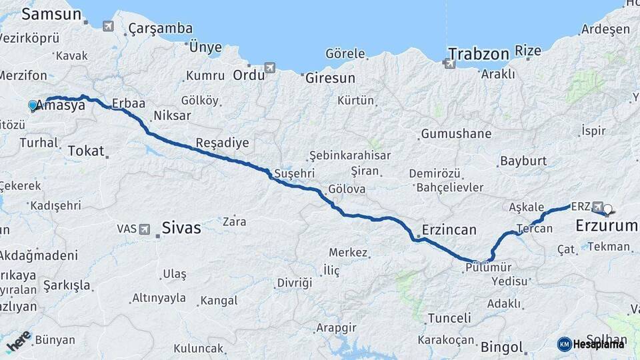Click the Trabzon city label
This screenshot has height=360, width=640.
tap(479, 53)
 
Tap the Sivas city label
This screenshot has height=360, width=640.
tap(181, 228)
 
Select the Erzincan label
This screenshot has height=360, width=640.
tap(447, 230)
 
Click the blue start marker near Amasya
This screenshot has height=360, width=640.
tap(32, 105)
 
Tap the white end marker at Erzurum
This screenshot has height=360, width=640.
tap(607, 209)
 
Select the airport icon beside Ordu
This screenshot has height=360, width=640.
tap(269, 67)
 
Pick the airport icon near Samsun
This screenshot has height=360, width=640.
tap(108, 26)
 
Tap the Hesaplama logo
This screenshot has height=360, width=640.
tap(591, 344)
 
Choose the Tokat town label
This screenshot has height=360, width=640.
tap(86, 151)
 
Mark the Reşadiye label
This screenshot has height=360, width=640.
tap(222, 143)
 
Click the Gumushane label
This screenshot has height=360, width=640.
tap(456, 133)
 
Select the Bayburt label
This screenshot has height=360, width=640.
tap(523, 161)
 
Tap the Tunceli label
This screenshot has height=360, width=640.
tap(449, 318)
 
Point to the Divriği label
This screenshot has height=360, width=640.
tap(295, 283)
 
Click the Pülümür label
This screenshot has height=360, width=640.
tap(489, 268)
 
